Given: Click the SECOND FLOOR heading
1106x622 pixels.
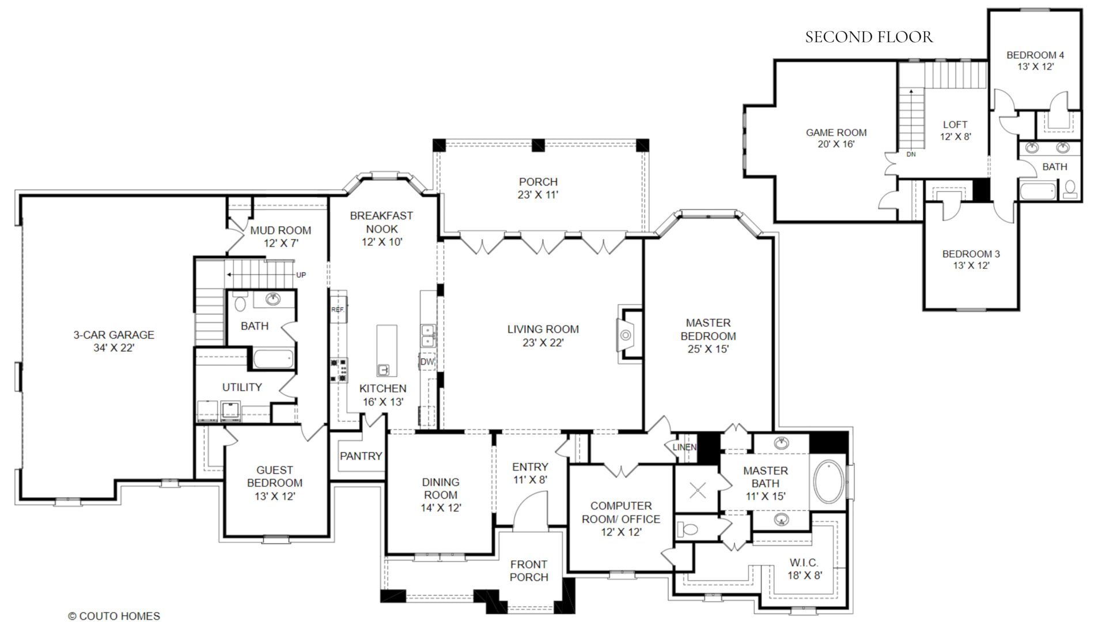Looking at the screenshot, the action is (869, 37).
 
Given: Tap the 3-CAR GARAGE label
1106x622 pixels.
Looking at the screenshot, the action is (113, 335).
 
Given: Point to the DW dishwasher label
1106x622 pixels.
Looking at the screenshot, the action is (427, 362).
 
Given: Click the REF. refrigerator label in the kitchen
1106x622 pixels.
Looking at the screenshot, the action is (338, 310).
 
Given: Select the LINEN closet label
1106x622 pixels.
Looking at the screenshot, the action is (684, 447).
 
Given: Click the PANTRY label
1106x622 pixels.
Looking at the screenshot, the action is (361, 456).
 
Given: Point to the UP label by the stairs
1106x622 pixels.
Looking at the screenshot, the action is (301, 275).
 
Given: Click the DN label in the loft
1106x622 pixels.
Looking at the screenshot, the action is (911, 154).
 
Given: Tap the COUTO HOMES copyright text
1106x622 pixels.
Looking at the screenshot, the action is (114, 616).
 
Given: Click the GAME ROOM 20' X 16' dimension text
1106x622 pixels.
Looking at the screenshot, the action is (836, 144).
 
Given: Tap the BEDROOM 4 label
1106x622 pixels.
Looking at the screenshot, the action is (1035, 55).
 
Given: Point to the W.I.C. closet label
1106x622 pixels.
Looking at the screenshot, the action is (804, 563).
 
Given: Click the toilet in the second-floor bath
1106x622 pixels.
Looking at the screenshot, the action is (1070, 189).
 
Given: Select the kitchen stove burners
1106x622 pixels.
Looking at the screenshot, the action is (339, 370).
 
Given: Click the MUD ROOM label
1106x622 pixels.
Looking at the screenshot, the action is (281, 230).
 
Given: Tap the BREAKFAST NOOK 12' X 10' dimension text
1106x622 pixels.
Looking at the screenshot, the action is (382, 242).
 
